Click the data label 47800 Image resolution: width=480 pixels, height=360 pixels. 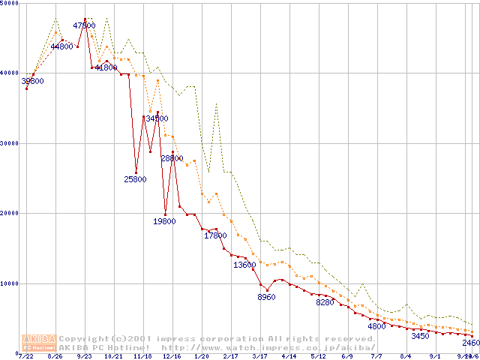(x=84, y=25)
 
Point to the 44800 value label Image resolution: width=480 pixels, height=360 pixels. (x=61, y=46)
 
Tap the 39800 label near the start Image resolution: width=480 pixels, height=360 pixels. (x=32, y=81)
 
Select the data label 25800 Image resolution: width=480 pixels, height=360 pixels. (x=135, y=179)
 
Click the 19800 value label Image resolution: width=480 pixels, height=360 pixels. (x=164, y=221)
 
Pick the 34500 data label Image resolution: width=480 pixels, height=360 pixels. (x=157, y=118)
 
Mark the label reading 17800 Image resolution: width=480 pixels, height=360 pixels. (x=215, y=235)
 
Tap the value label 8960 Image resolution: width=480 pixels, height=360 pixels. (x=266, y=298)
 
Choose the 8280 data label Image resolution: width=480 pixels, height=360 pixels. (x=325, y=302)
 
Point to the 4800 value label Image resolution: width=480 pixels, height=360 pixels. (x=376, y=326)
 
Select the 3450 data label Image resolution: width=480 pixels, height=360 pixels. (x=420, y=336)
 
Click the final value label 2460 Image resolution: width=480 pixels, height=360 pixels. (x=470, y=343)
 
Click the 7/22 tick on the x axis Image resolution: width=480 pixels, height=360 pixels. (x=25, y=356)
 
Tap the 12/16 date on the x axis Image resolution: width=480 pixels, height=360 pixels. (x=171, y=356)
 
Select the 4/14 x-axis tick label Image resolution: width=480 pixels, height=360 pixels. (x=289, y=356)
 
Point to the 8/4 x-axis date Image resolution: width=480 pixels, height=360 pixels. (x=406, y=356)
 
